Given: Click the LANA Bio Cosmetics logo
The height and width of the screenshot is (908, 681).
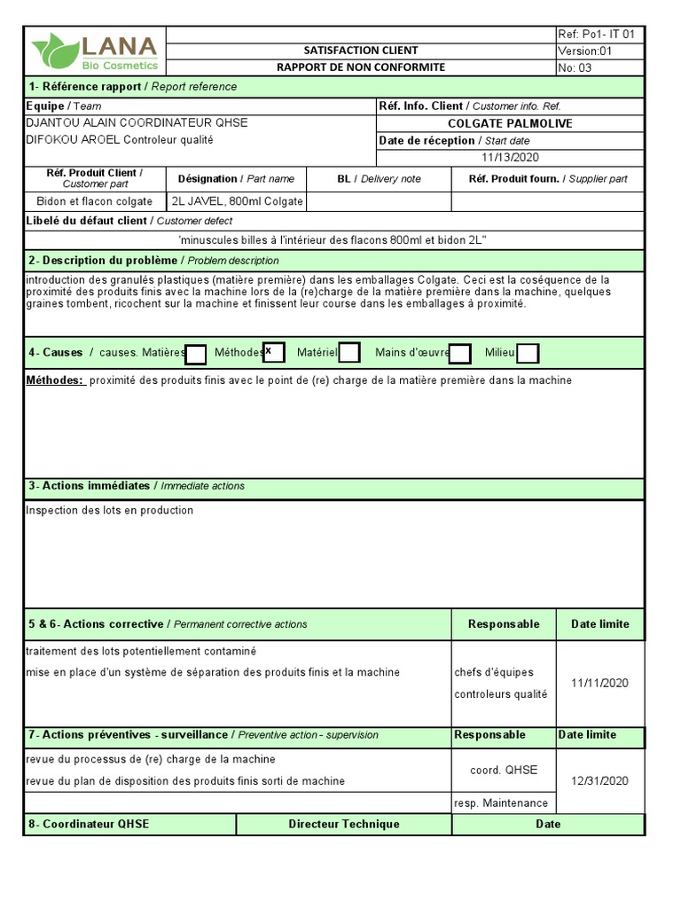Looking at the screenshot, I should tap(95, 52).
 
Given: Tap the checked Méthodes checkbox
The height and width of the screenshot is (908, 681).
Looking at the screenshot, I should tap(273, 353).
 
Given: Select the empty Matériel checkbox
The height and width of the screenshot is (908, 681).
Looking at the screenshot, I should tap(349, 353).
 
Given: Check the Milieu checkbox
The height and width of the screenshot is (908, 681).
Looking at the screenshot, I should tap(528, 354).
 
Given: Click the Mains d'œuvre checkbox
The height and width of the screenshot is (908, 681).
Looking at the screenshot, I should tap(459, 354).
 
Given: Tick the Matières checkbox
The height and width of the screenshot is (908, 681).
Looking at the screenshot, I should tap(196, 354).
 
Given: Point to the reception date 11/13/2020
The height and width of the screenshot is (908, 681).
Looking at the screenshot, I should tap(510, 158).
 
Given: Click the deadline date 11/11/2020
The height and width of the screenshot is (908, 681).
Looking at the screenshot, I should tap(599, 683).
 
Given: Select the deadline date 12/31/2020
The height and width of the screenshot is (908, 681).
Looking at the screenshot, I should tap(599, 780).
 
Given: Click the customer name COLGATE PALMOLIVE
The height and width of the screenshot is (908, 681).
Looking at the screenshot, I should tap(510, 123).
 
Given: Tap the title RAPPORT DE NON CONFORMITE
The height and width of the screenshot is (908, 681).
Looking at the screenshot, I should tap(360, 67).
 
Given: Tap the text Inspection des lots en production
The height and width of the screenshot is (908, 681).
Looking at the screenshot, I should tap(109, 511).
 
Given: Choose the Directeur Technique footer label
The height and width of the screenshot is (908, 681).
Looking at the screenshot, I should tap(343, 824).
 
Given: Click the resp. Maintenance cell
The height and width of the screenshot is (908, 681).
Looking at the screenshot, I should tap(501, 803).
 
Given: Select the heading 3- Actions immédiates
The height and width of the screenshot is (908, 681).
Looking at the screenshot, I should tap(89, 486).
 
